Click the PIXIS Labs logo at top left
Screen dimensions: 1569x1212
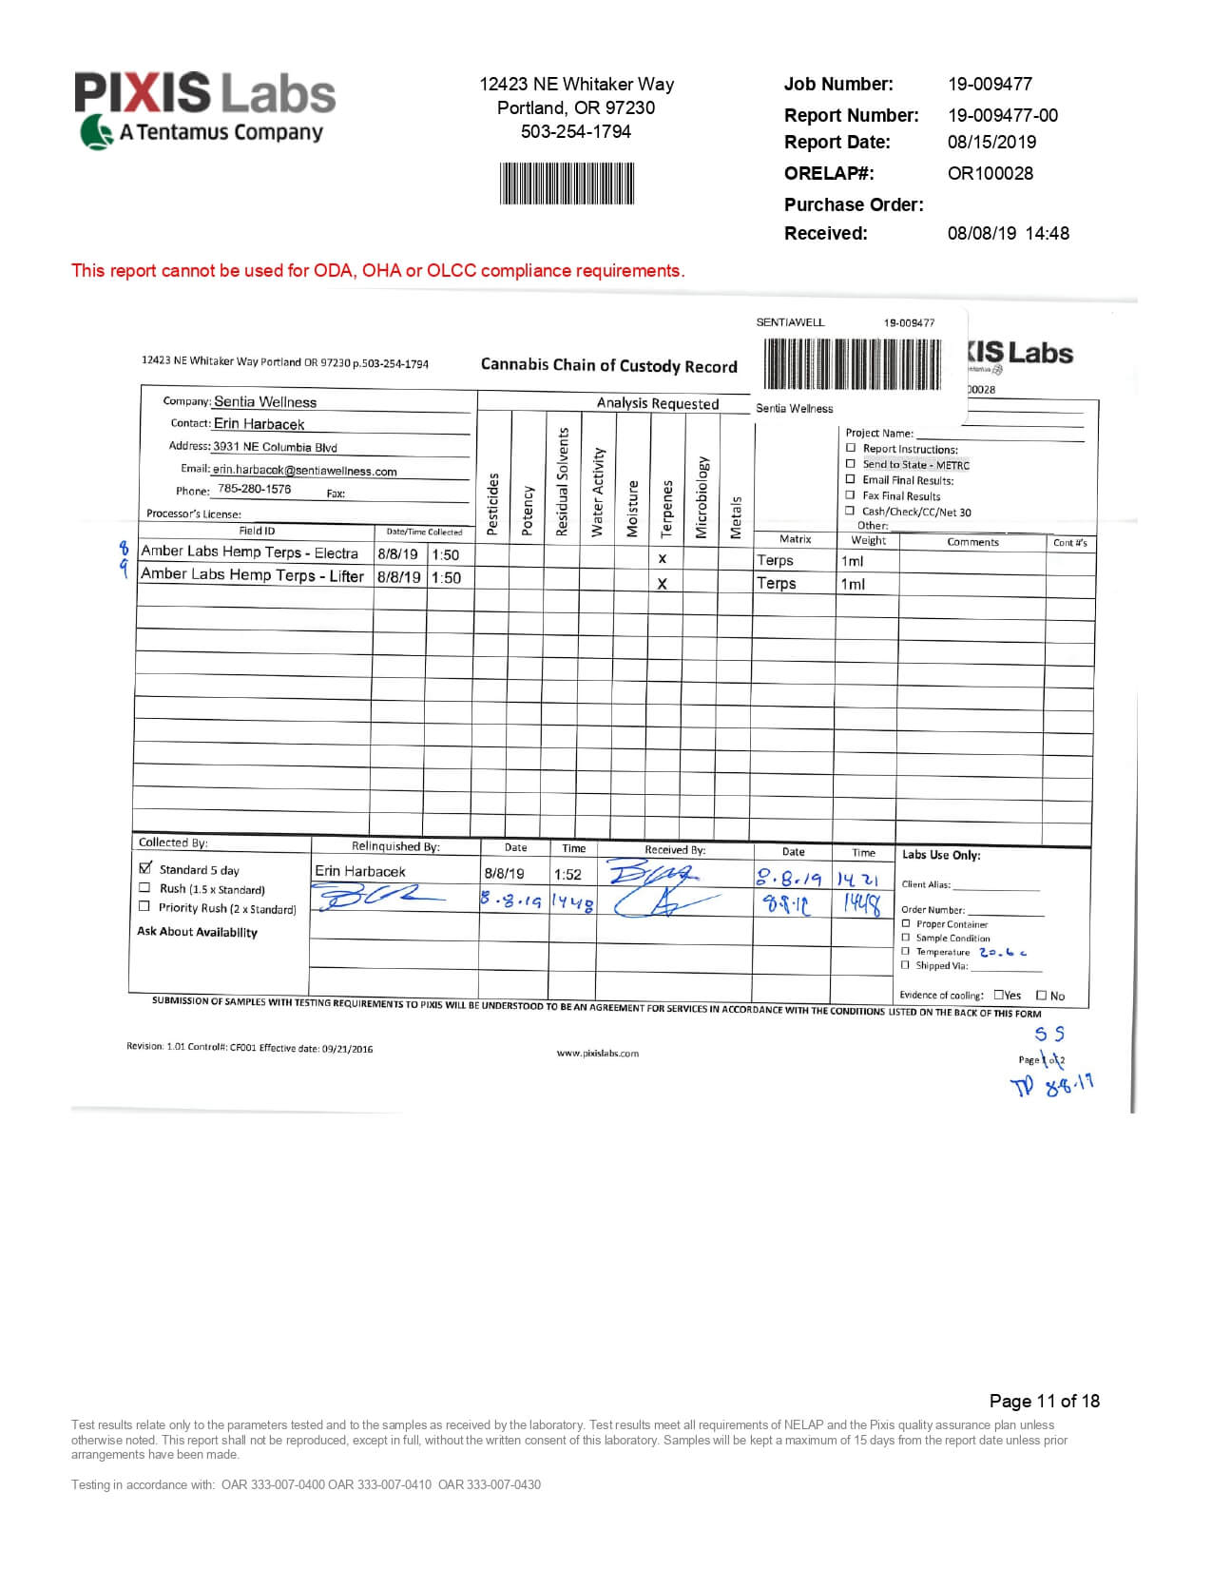[x=205, y=110]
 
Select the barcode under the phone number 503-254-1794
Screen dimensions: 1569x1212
[x=567, y=184]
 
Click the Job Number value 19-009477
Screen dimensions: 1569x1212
[x=990, y=84]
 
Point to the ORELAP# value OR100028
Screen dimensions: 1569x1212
[x=990, y=173]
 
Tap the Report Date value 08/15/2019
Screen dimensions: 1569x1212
[x=991, y=142]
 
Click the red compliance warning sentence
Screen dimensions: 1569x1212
[x=377, y=271]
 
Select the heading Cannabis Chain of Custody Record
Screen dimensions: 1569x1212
[x=608, y=366]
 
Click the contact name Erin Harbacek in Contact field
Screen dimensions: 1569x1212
[x=259, y=424]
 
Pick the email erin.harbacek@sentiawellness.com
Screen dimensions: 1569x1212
[x=304, y=471]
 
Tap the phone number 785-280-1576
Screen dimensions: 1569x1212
[x=254, y=489]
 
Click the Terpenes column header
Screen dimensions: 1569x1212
[x=666, y=508]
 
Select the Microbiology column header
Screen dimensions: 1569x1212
[x=702, y=498]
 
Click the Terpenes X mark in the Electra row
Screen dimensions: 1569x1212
[x=663, y=559]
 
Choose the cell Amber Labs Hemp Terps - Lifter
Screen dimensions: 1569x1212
[x=252, y=576]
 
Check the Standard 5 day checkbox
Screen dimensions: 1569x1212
[x=145, y=868]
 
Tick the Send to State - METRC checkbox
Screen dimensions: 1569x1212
[x=851, y=464]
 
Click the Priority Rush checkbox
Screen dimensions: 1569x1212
[x=144, y=907]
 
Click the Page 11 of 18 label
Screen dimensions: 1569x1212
[x=1044, y=1401]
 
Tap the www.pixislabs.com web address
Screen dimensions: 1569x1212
[x=597, y=1053]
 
